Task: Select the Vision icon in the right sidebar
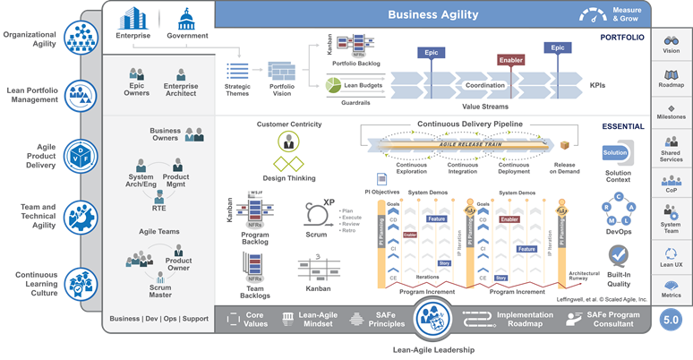pyautogui.click(x=672, y=41)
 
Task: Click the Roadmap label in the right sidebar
pyautogui.click(x=672, y=85)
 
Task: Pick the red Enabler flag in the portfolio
pyautogui.click(x=510, y=60)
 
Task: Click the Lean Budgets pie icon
pyautogui.click(x=335, y=85)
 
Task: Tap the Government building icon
pyautogui.click(x=186, y=18)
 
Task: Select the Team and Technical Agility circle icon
pyautogui.click(x=81, y=216)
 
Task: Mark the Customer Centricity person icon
pyautogui.click(x=288, y=141)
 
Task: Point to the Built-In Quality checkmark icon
pyautogui.click(x=618, y=256)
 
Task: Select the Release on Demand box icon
pyautogui.click(x=565, y=145)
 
